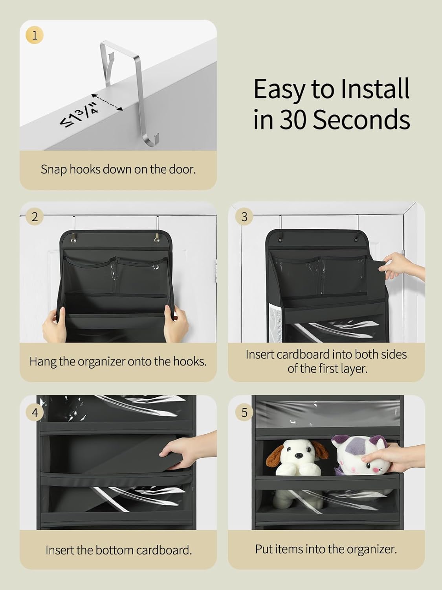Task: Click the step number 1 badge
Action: click(35, 35)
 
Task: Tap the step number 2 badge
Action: click(35, 217)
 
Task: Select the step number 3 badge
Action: click(244, 217)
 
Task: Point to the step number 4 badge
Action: click(35, 412)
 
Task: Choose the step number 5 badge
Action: click(244, 412)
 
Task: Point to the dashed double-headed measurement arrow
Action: click(107, 102)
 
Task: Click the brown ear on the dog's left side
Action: click(273, 456)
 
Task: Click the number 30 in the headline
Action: click(293, 119)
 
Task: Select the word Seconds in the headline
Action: click(361, 119)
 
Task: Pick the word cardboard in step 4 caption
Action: click(164, 550)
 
